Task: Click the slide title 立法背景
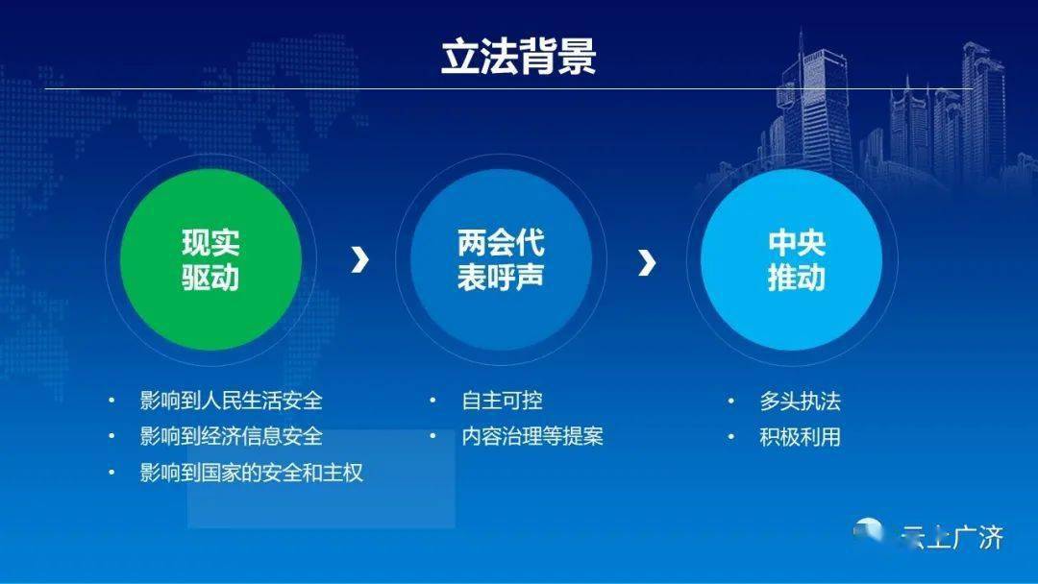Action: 519,56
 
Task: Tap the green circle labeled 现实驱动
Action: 210,259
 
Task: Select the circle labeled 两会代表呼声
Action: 501,259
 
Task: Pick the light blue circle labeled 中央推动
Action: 792,259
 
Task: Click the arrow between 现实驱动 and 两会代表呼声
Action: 359,260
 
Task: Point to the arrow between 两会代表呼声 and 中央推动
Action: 647,262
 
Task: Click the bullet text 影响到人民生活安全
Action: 231,401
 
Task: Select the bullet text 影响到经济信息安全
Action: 231,436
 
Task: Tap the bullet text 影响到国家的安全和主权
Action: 252,473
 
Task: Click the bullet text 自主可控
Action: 503,401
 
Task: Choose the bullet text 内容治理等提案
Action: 532,436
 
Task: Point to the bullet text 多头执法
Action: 801,401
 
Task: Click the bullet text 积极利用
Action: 801,436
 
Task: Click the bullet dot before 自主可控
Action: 432,401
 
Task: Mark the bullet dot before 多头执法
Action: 730,401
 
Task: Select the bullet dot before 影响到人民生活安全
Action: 111,401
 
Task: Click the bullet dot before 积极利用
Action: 730,436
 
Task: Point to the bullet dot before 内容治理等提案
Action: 432,436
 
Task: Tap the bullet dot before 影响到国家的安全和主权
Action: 111,473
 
